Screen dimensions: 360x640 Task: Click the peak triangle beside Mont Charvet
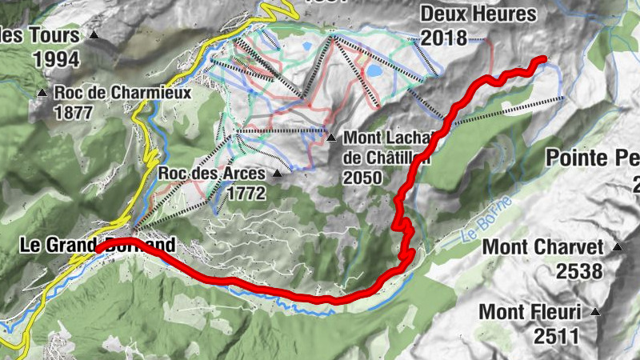click(617, 247)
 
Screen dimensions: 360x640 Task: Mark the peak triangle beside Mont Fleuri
click(595, 311)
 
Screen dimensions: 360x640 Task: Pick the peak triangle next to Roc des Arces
click(278, 172)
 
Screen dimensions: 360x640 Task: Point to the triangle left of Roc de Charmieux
click(42, 93)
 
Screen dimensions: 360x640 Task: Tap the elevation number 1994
click(57, 58)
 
